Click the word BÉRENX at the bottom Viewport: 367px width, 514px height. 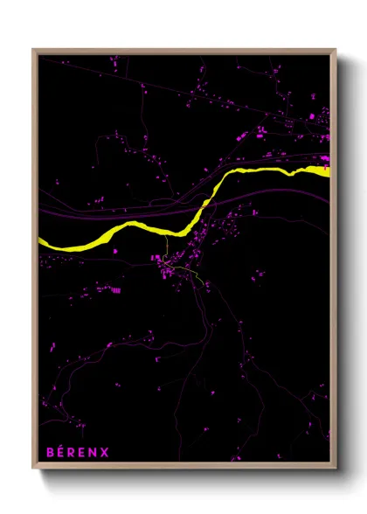coord(78,452)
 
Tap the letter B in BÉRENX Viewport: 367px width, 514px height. coord(50,452)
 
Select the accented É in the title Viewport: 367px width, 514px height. coord(61,452)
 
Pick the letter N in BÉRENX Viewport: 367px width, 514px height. coord(93,452)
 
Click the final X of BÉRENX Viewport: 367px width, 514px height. coord(105,452)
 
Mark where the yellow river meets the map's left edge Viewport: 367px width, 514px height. coord(40,242)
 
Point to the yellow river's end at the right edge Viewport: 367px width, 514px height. coord(328,170)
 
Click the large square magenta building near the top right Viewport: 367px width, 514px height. coord(312,115)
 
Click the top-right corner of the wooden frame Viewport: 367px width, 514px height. coord(336,50)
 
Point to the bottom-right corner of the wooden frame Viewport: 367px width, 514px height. coord(336,469)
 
